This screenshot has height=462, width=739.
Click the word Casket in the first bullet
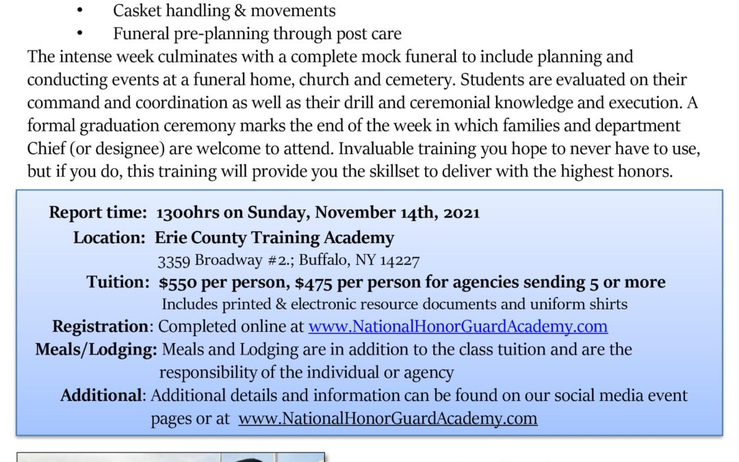point(137,11)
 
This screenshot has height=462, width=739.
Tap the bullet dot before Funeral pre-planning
point(80,34)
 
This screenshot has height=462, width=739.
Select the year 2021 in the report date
point(462,213)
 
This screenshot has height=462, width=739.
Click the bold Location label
point(110,238)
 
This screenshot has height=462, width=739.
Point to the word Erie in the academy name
point(171,238)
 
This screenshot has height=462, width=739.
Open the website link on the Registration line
point(458,326)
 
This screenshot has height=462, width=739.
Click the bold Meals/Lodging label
point(96,349)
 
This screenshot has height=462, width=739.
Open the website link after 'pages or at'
point(387,418)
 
